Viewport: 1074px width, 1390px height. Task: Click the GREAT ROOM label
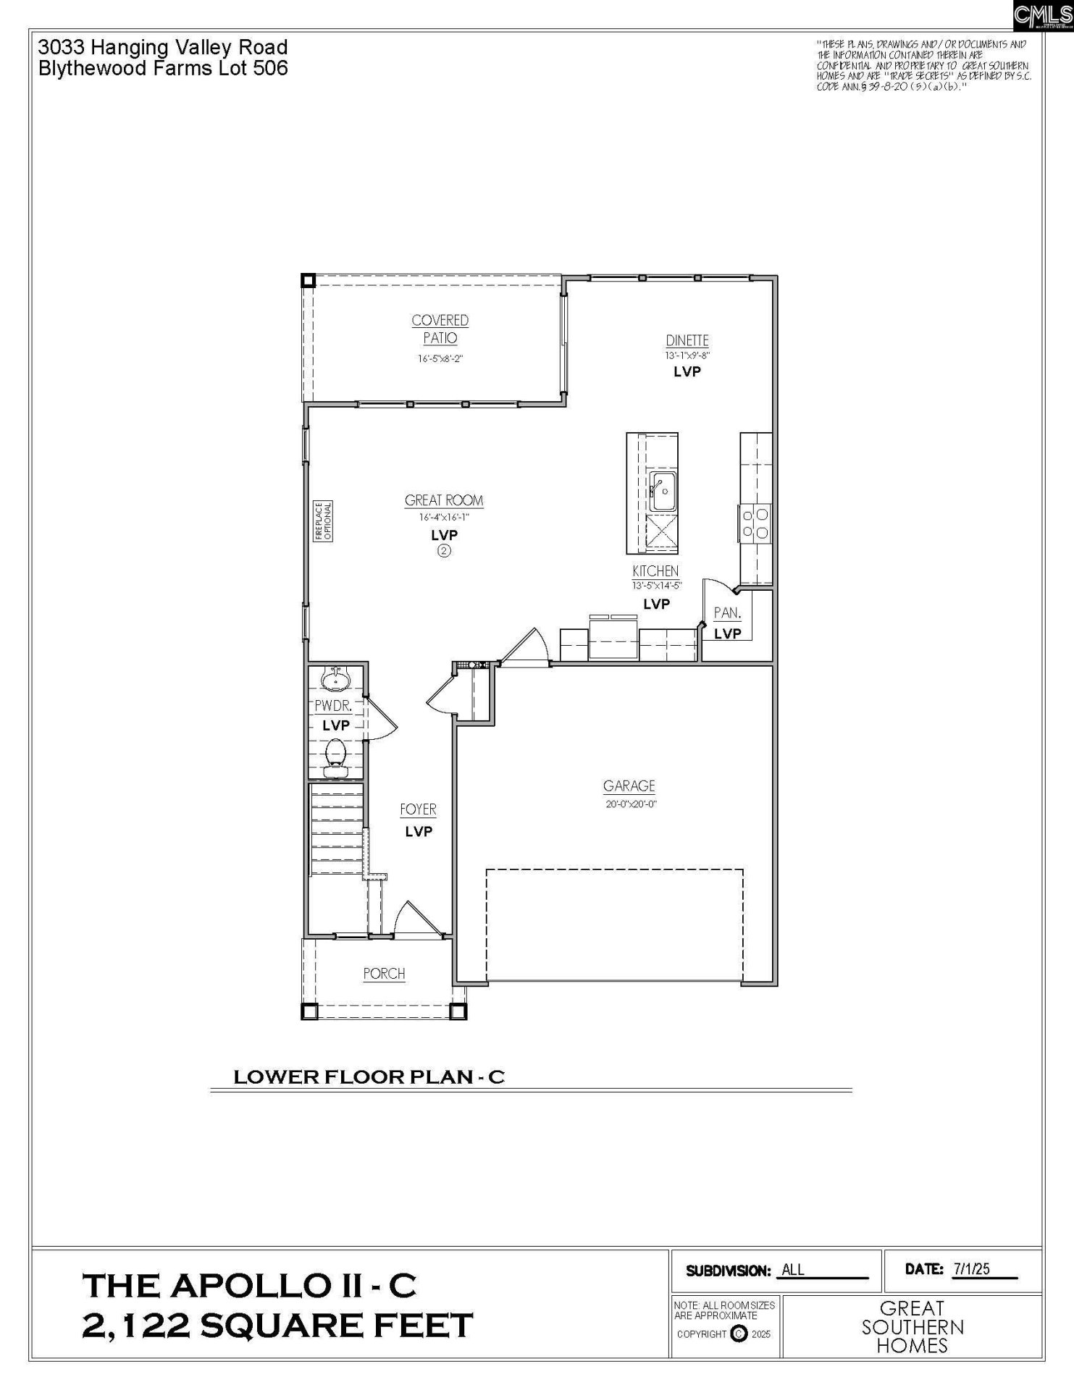(444, 500)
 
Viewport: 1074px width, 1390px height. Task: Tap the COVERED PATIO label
(440, 329)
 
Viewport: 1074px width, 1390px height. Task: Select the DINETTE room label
(687, 340)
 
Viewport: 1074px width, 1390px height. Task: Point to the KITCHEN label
(655, 571)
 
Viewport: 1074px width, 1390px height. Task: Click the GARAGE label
(629, 785)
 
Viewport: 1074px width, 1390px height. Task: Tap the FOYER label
(419, 809)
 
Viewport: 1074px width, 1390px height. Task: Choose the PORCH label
(384, 974)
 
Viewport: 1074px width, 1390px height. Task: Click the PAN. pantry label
(727, 613)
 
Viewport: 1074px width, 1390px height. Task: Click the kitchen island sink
(662, 492)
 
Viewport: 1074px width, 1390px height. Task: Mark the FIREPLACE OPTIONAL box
(323, 521)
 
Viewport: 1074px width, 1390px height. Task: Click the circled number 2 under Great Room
(444, 551)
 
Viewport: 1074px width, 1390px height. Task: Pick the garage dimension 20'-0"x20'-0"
(629, 804)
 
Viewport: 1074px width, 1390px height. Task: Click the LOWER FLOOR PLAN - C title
(369, 1077)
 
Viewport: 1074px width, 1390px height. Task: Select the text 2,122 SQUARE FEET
(277, 1326)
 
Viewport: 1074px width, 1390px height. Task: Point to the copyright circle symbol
(739, 1334)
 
